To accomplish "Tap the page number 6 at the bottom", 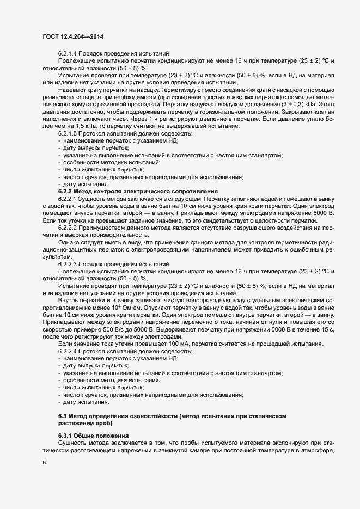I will coord(43,463).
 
